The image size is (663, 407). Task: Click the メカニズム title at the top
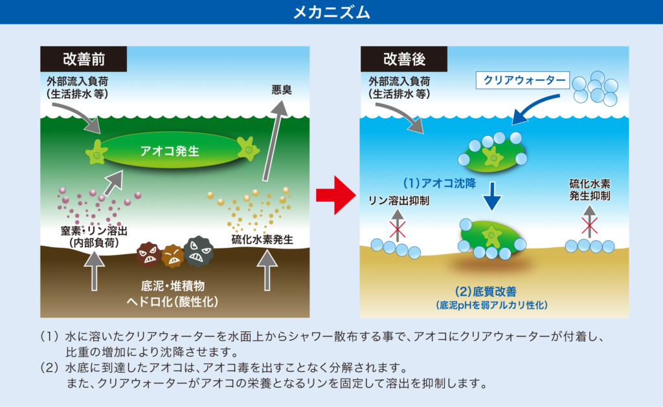331,12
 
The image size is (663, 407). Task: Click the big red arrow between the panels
336,193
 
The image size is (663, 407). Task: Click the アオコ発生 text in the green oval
170,151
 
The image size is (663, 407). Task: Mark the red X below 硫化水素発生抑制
589,225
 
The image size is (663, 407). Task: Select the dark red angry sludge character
148,255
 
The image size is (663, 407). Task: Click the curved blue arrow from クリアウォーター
537,106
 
